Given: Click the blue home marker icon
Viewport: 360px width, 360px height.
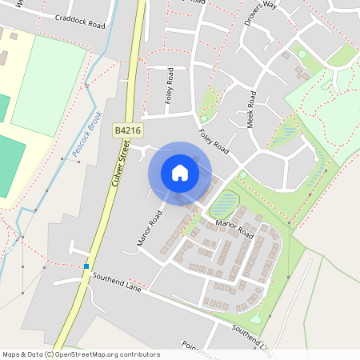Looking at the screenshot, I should tap(180, 172).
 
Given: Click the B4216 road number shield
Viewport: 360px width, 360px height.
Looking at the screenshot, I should tap(126, 130).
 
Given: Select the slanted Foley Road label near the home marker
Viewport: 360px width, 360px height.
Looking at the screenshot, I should tap(214, 142).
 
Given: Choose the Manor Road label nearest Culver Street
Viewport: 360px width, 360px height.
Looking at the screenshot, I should tap(150, 228).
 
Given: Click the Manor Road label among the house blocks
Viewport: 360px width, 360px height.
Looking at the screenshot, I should tap(234, 229).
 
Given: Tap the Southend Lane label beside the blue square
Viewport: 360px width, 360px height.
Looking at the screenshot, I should tap(116, 281).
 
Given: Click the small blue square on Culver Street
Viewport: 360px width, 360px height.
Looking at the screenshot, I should tap(86, 266).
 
